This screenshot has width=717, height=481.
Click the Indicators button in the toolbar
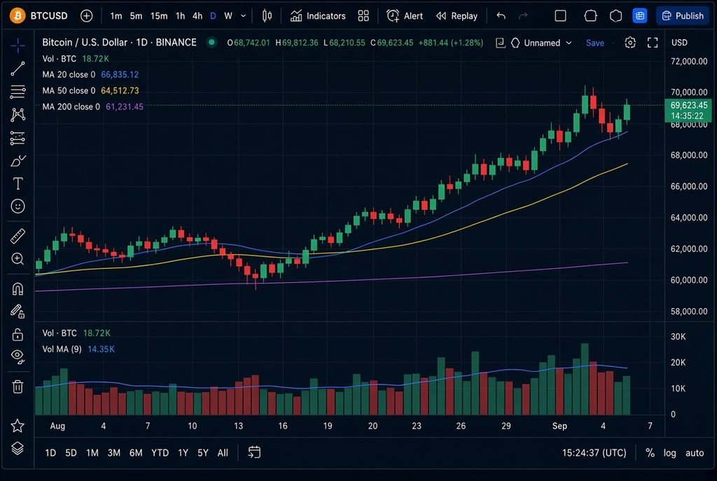tap(318, 16)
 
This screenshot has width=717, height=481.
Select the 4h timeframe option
tap(197, 16)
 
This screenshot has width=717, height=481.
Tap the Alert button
tap(405, 16)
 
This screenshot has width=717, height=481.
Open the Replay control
tap(457, 16)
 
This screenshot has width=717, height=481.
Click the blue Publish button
tap(683, 16)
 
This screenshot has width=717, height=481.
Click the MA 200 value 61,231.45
tap(125, 106)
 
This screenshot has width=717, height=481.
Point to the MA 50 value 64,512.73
tap(120, 90)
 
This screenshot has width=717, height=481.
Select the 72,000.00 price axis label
tap(689, 62)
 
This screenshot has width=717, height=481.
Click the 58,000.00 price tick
tap(689, 312)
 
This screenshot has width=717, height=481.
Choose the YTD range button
tap(160, 453)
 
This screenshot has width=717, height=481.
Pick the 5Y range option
tap(202, 453)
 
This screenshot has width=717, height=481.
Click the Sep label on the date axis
tap(559, 426)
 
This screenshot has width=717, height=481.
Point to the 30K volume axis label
tap(678, 337)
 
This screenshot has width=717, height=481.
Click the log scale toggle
tap(670, 453)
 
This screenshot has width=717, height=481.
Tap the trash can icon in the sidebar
tap(18, 386)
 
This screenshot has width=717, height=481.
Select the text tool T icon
tap(18, 183)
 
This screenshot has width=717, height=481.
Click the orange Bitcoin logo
tap(18, 15)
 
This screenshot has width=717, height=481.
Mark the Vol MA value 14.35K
tap(101, 349)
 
